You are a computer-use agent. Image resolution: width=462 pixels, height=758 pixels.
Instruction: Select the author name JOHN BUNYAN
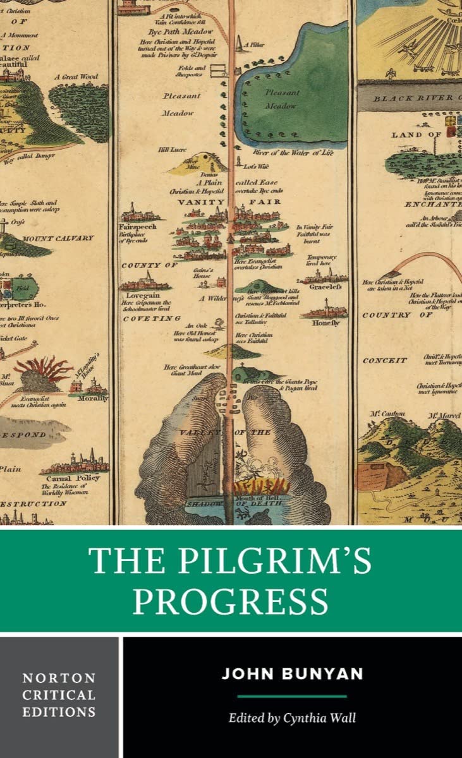click(x=292, y=673)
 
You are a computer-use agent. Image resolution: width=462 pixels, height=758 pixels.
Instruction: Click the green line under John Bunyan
click(x=292, y=696)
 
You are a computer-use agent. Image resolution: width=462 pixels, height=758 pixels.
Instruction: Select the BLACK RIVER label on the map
click(x=413, y=98)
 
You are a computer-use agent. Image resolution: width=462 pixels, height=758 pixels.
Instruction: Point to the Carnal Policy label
click(x=78, y=478)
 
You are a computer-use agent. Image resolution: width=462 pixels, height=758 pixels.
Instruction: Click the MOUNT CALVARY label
click(x=58, y=238)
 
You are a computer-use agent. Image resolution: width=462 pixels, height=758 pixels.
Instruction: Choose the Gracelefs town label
click(x=325, y=286)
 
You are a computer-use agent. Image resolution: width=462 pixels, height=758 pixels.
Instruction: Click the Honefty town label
click(x=325, y=323)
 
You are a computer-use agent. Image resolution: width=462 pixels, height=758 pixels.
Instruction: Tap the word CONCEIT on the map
click(x=385, y=361)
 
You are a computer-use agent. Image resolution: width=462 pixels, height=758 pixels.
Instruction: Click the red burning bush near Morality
click(x=43, y=370)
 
